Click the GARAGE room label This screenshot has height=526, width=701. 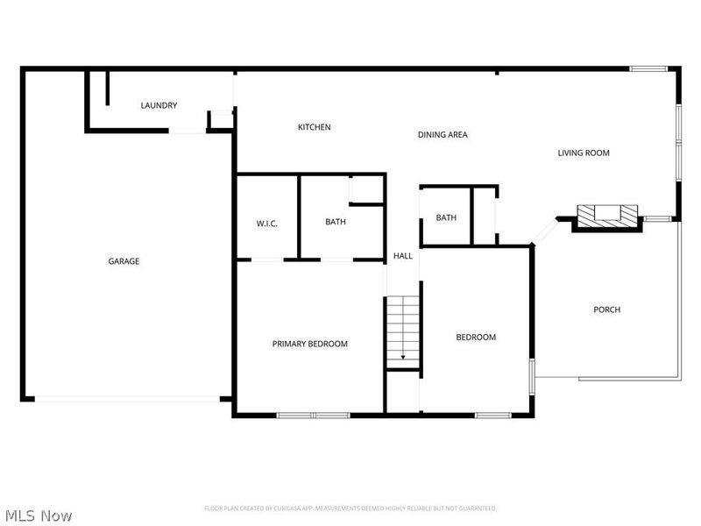point(124,261)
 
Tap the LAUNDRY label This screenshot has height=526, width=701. point(159,106)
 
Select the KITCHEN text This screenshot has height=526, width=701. point(314,128)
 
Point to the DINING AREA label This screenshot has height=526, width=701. point(443,135)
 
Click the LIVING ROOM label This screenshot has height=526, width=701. point(584,153)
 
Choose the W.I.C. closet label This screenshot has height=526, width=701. point(267,224)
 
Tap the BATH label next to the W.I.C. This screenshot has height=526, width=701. point(336,222)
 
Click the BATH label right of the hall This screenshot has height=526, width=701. point(447,218)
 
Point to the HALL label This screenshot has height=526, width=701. point(403,256)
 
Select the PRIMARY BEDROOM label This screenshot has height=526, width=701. point(309,344)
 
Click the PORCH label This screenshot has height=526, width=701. point(606,309)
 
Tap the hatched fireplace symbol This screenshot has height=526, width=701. point(606,213)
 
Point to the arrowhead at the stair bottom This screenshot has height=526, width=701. point(403,358)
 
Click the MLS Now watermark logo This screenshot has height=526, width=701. point(39,515)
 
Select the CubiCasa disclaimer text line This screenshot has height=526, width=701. point(350,508)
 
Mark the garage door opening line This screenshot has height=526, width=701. point(127,400)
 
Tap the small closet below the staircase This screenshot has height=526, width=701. point(403,390)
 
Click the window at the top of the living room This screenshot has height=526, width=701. point(649,68)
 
